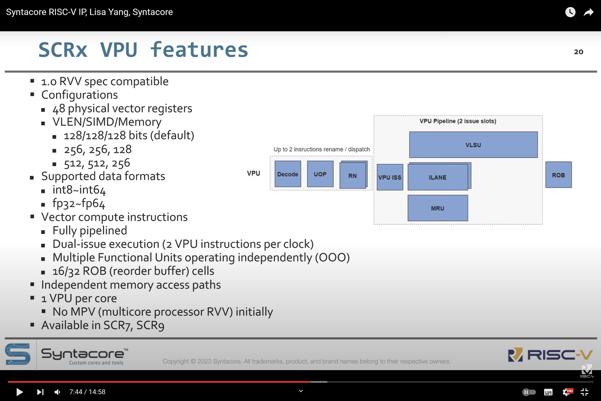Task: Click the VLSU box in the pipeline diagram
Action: [473, 145]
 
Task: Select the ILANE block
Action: [438, 177]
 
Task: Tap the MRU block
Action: [438, 208]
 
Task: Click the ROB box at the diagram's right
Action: [558, 175]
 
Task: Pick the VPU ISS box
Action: [390, 177]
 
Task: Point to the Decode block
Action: [288, 174]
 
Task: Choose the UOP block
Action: [320, 174]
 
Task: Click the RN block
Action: [353, 176]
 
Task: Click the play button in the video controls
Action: [19, 392]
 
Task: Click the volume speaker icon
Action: [57, 392]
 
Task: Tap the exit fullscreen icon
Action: [585, 392]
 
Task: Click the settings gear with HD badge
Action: [567, 392]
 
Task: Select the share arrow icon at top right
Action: [588, 12]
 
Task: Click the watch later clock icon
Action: [570, 12]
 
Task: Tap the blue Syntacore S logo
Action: [18, 354]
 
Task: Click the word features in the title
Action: [199, 50]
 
